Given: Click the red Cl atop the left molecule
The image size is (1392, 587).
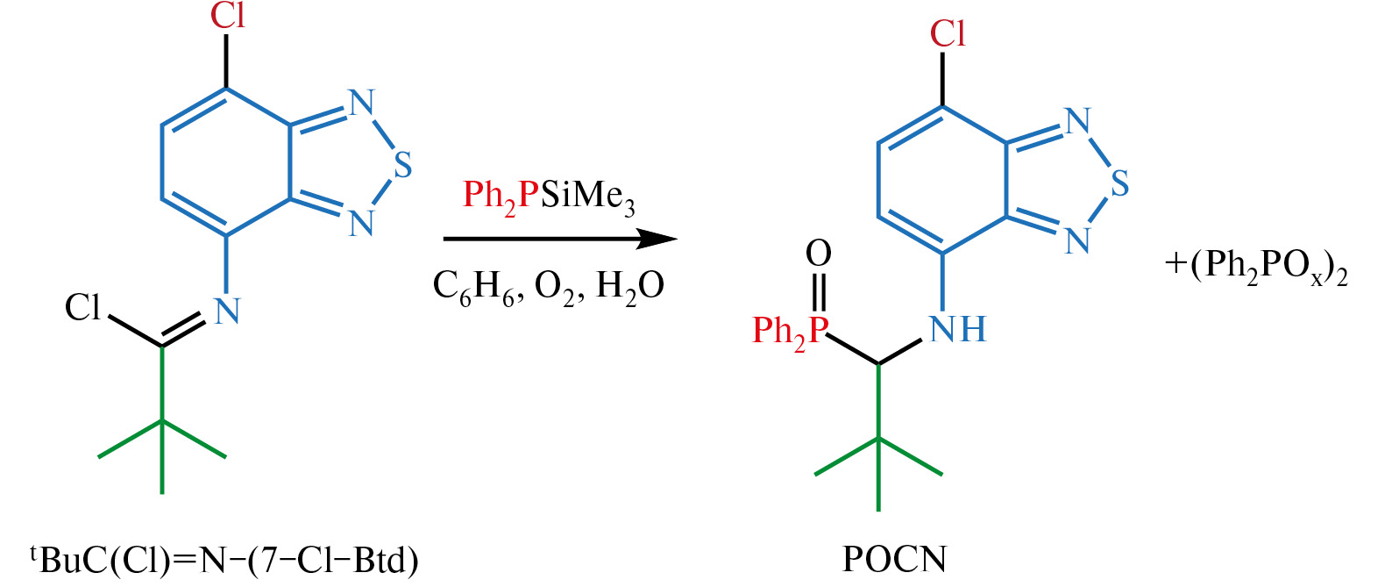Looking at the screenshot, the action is coord(227,16).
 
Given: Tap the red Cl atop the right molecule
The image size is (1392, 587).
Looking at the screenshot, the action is coord(947,33).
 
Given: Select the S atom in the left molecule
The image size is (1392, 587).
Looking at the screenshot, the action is coord(402,167).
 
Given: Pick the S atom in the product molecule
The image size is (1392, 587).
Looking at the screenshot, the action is coord(1119,184).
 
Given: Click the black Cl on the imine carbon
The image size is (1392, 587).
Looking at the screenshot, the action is coord(82,307).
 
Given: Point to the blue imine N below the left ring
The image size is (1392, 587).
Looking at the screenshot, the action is coord(227,311).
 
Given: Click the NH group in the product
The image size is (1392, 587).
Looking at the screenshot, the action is coord(957,330).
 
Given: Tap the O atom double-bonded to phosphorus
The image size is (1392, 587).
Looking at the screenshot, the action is coord(819,254).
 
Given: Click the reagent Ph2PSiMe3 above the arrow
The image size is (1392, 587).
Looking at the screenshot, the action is coord(550,197).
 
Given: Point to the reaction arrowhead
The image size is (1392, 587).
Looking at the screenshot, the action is coord(657,239).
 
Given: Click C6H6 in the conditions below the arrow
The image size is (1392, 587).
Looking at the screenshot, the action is coord(473,287).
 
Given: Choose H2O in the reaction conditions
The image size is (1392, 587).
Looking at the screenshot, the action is coord(630,287).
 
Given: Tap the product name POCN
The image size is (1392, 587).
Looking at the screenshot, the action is coord(894,559).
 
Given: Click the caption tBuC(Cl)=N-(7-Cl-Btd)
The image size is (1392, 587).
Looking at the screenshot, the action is coord(224,559).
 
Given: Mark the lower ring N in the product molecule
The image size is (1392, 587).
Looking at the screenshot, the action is coord(1077,240).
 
